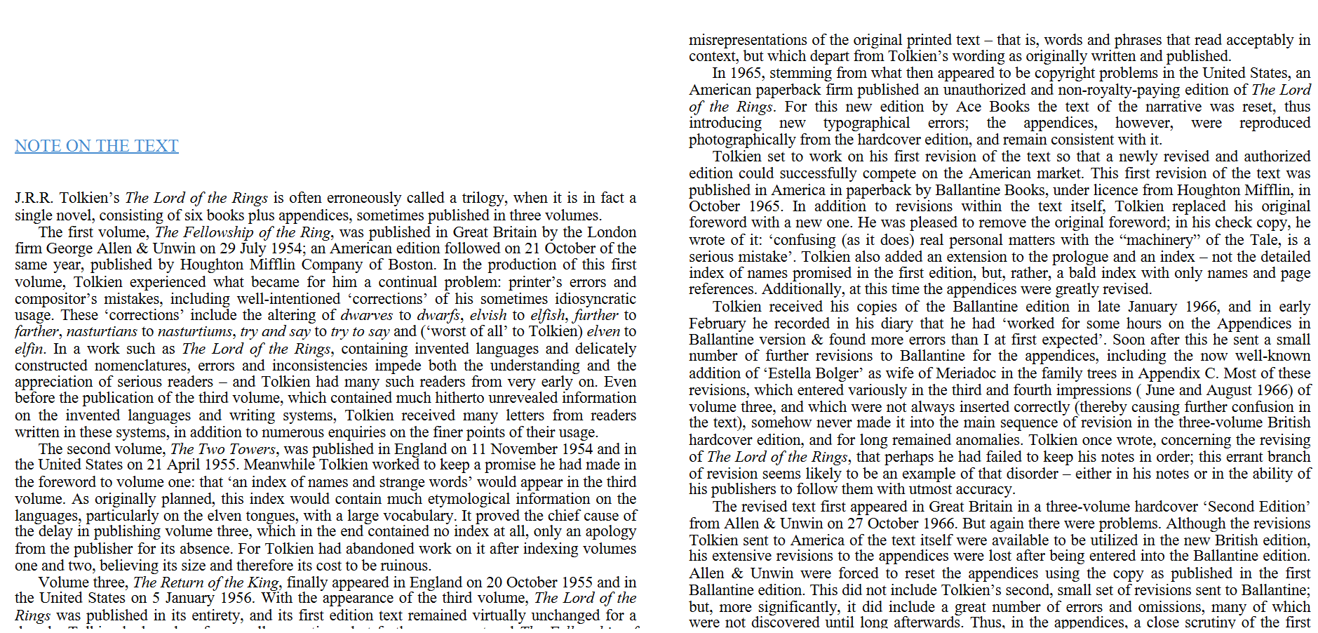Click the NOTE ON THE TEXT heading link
pos(97,146)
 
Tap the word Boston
pos(410,265)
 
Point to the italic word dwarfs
pos(438,315)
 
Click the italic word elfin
pos(29,349)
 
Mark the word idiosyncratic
pos(595,298)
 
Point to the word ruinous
pos(405,566)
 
